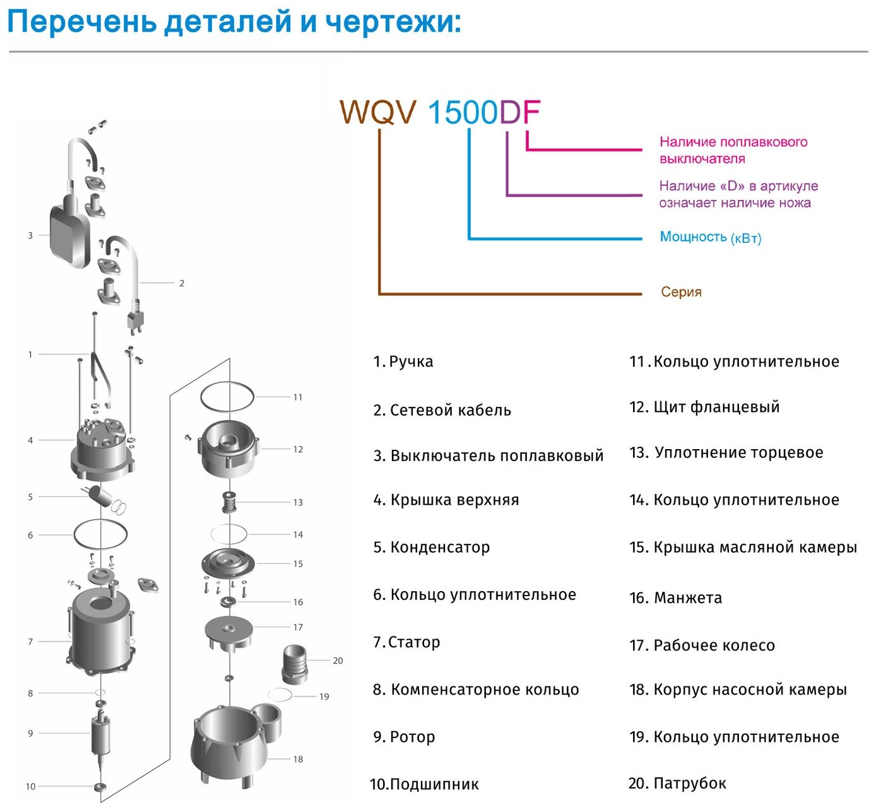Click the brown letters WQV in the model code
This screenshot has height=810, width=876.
[x=377, y=112]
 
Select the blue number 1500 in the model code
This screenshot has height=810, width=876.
[x=463, y=112]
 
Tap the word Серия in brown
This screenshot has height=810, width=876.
[x=681, y=292]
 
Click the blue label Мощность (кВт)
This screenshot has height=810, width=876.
[x=710, y=237]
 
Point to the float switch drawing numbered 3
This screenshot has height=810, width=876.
[x=69, y=233]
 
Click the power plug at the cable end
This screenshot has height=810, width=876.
[x=134, y=319]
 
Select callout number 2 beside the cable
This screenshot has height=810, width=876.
[x=182, y=283]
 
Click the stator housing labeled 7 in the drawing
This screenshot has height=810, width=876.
[x=101, y=631]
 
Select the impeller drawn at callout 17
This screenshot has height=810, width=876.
[x=228, y=631]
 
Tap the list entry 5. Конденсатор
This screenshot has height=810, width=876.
[x=431, y=547]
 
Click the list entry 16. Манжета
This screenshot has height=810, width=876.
[x=675, y=597]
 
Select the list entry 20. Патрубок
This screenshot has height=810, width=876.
[x=677, y=784]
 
